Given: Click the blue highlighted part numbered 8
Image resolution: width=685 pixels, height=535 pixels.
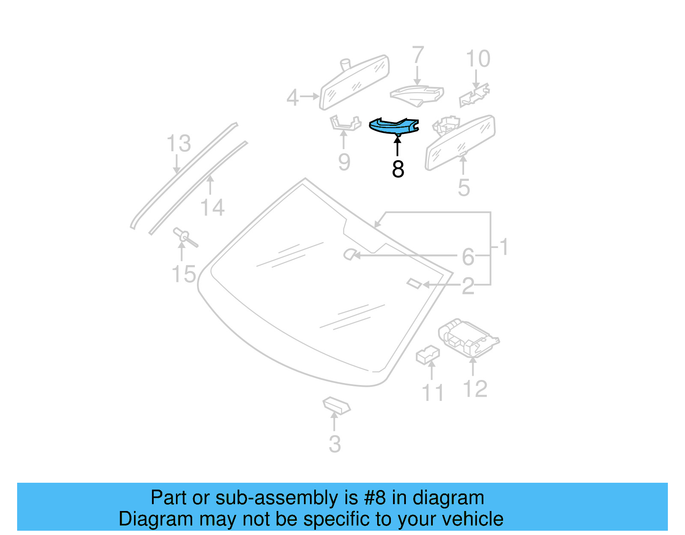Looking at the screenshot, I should [x=393, y=126].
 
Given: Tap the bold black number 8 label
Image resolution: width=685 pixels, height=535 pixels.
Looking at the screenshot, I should [x=398, y=169].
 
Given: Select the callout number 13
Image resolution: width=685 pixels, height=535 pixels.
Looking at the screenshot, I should [x=179, y=143].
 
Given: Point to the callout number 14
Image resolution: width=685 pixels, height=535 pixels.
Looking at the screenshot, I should [x=212, y=208].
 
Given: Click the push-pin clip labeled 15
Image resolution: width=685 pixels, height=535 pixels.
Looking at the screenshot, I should [x=184, y=237].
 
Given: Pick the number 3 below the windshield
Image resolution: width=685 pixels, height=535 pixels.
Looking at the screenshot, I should [x=335, y=444].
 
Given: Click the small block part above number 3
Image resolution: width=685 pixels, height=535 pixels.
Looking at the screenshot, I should [x=337, y=405].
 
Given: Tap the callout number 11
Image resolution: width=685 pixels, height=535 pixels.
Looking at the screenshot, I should [x=432, y=393].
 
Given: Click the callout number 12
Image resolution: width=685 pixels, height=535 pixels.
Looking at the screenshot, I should [x=475, y=389].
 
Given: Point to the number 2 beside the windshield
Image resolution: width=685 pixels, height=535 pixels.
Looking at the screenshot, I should [x=468, y=286].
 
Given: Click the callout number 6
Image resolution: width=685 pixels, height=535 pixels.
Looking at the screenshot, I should [x=468, y=257].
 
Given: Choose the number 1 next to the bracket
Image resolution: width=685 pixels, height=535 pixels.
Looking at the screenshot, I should [x=504, y=247].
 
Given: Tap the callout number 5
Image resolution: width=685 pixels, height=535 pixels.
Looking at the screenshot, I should [x=464, y=188].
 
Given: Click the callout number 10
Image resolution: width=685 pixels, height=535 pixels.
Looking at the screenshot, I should [x=477, y=59].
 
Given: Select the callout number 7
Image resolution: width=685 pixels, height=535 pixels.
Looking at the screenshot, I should [x=418, y=56].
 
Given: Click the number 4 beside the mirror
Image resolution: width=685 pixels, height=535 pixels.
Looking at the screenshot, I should [x=292, y=98].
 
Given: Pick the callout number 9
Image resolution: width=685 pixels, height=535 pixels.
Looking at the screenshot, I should [x=344, y=162].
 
